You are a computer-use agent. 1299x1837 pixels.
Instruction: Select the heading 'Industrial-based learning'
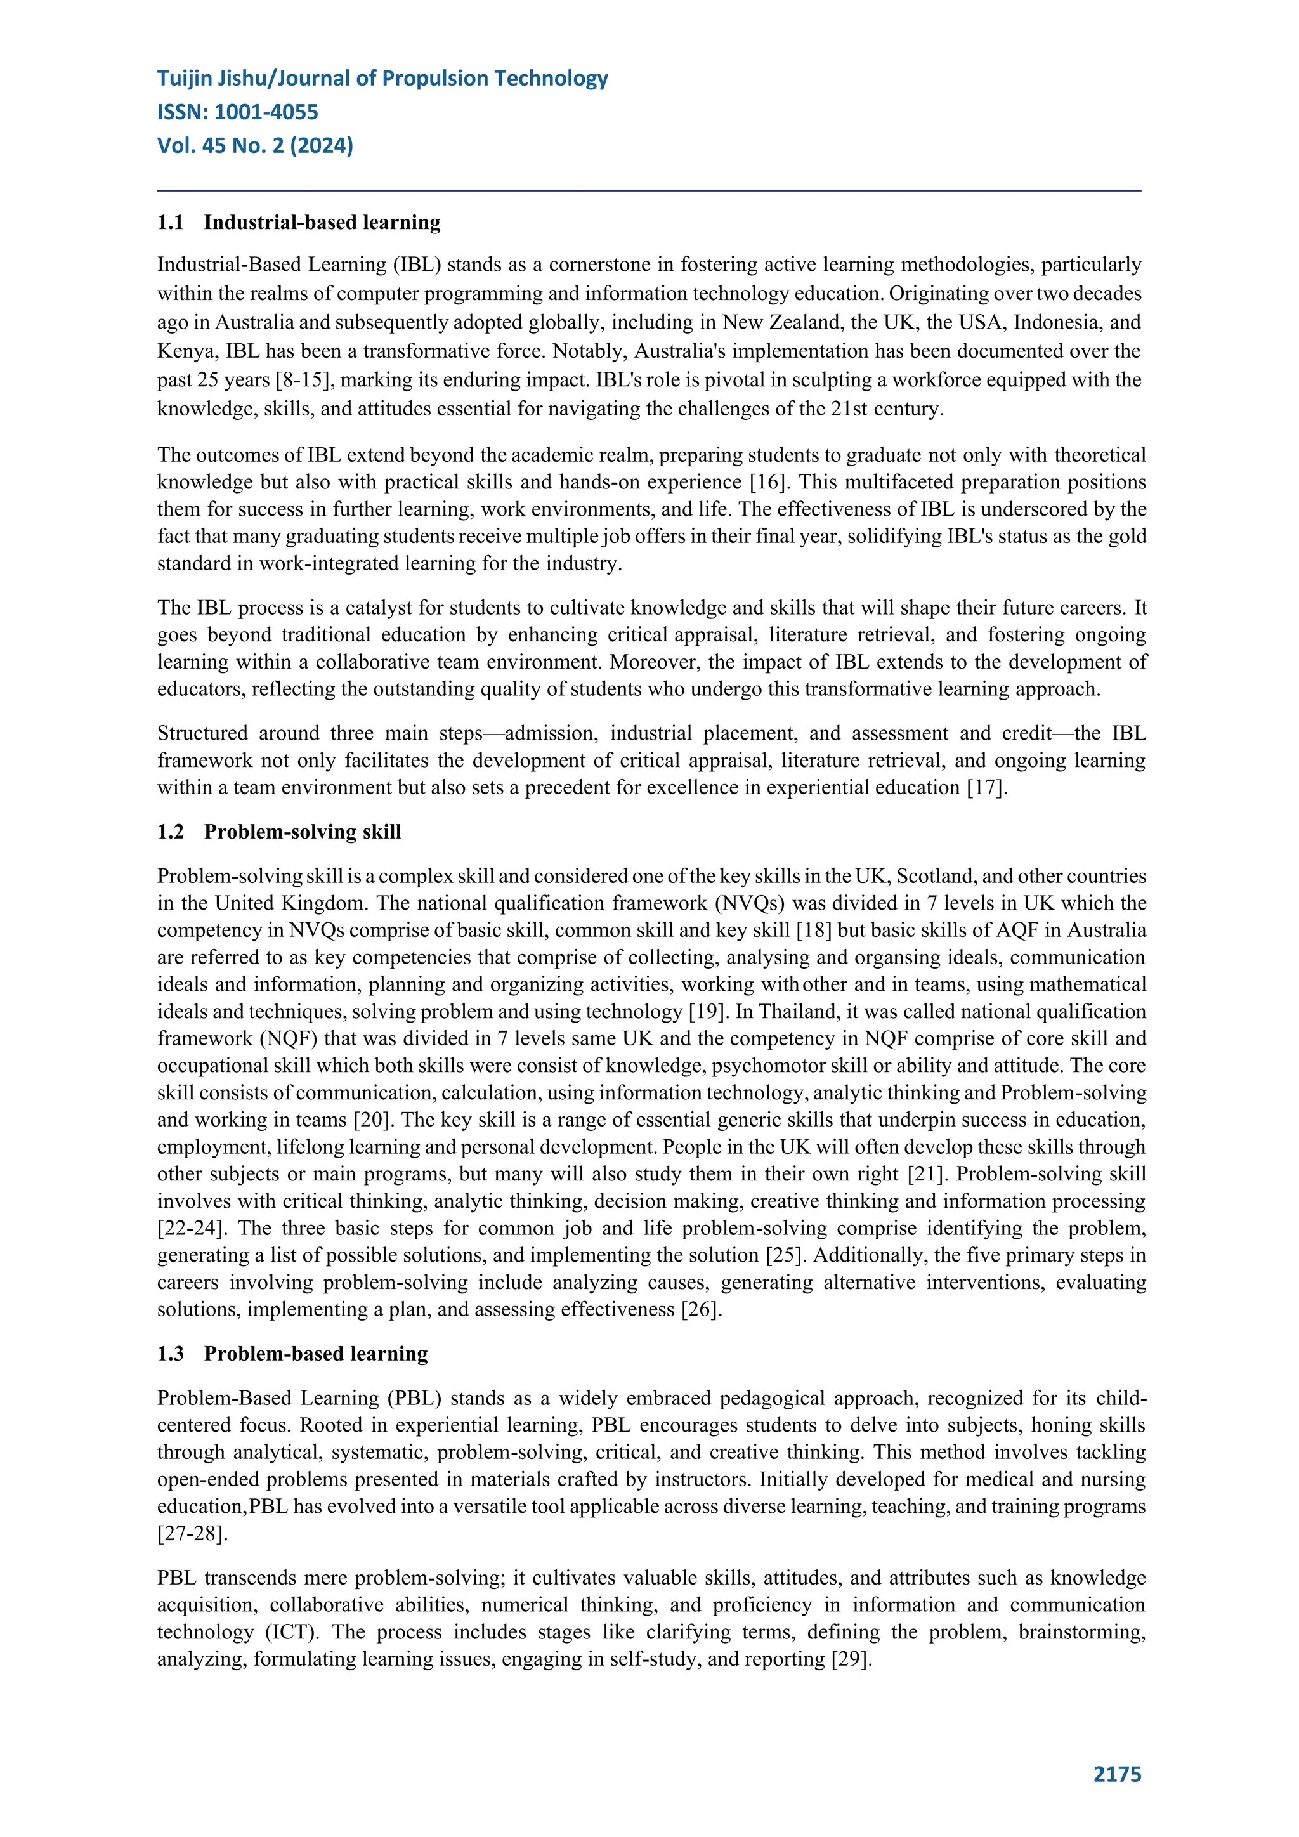tap(322, 223)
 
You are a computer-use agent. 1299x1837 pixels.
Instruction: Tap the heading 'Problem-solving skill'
tap(303, 832)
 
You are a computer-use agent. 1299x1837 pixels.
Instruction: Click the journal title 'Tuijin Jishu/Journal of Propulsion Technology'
tap(382, 79)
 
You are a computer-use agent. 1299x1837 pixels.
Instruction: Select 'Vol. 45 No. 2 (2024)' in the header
tap(255, 146)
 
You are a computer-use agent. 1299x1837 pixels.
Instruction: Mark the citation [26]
tap(701, 1310)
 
